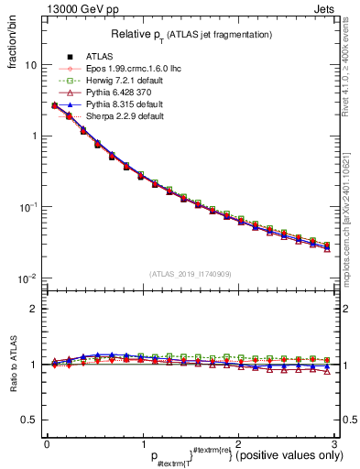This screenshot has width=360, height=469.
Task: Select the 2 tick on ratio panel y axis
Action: [x=33, y=309]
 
